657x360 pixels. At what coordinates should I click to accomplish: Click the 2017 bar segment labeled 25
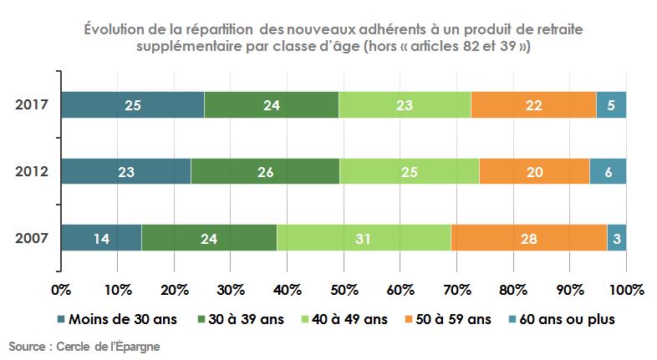point(132,105)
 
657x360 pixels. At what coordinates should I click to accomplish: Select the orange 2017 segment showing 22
point(533,105)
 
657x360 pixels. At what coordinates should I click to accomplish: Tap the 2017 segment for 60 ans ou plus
point(611,105)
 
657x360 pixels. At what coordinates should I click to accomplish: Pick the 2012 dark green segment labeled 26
point(265,171)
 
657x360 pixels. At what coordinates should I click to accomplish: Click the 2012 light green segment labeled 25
point(410,171)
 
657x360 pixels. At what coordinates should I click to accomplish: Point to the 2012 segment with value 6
point(608,171)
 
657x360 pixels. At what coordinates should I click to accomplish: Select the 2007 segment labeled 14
point(101,238)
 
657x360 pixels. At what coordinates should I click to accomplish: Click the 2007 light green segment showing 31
point(364,238)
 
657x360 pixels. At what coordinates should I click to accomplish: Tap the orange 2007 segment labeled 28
point(528,238)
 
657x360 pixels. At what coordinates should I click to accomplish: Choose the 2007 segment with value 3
point(617,238)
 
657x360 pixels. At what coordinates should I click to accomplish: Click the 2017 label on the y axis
point(32,105)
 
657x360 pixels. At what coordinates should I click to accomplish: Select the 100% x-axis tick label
point(626,290)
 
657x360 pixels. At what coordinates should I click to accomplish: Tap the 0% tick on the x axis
point(61,290)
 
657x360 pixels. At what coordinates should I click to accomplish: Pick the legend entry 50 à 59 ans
point(449,319)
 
